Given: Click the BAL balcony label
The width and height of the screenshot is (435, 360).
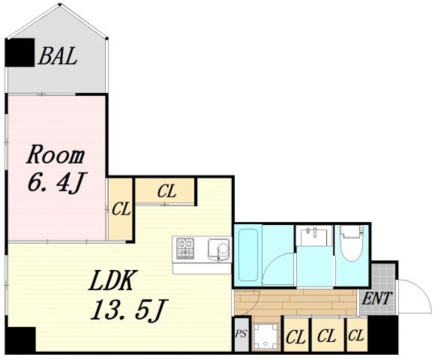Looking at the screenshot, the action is (58, 56).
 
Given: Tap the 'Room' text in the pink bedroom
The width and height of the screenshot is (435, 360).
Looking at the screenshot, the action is (55, 154).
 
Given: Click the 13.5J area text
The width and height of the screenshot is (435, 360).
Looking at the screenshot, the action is (129, 310).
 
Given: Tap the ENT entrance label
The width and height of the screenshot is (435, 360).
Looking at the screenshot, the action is (377, 298).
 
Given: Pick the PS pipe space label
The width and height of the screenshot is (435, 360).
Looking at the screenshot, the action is (241, 334).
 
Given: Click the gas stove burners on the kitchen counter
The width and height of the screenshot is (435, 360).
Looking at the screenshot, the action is (185, 248).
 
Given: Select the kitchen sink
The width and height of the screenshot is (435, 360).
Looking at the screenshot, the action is (219, 249).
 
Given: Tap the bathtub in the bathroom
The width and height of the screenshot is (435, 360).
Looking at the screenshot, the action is (248, 255).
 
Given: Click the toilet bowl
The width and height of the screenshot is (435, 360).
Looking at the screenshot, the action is (352, 243).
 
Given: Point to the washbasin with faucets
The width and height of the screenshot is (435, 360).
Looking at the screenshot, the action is (314, 235).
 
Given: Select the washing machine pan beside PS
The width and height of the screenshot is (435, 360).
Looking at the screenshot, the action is (265, 336).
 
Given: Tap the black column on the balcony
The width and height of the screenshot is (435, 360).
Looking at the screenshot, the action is (20, 52).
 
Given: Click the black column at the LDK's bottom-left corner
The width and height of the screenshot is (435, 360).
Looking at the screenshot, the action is (20, 340).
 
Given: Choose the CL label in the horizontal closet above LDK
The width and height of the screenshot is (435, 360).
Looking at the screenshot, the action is (166, 191).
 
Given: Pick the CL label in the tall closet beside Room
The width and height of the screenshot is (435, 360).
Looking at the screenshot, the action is (121, 208).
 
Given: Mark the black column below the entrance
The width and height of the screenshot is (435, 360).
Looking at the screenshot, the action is (382, 334).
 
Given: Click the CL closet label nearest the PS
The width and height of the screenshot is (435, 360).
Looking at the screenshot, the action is (295, 337).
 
